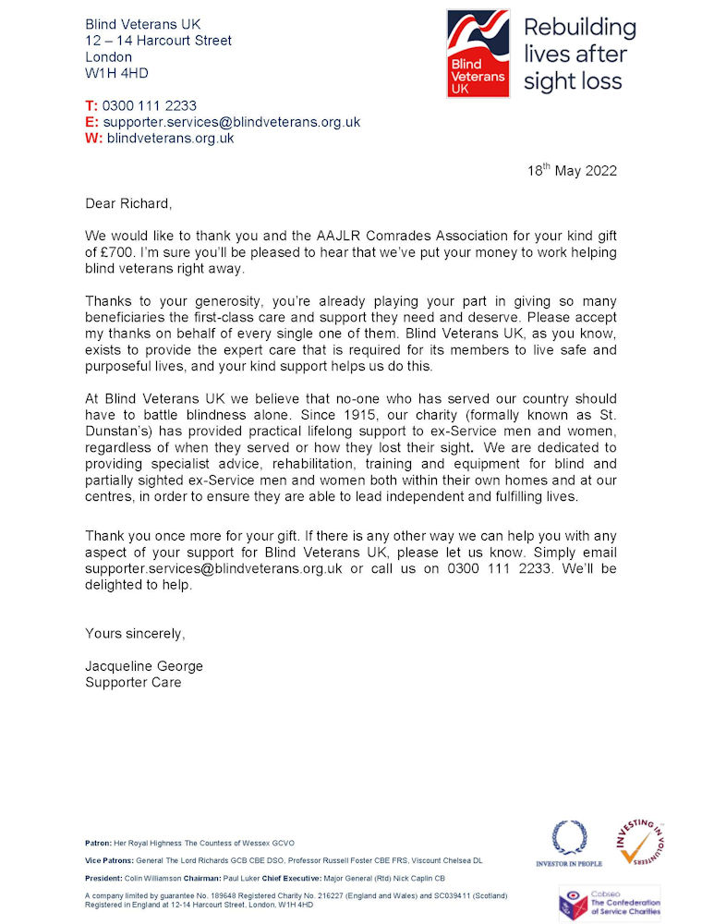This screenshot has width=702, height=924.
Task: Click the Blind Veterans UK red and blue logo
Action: (478, 54)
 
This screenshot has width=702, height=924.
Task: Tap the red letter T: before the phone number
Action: (91, 105)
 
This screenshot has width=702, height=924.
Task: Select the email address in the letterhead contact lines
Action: (231, 122)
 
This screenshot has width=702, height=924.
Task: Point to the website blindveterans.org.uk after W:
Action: (170, 139)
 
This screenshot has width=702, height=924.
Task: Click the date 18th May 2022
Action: (572, 171)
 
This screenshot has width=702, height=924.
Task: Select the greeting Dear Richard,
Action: (128, 202)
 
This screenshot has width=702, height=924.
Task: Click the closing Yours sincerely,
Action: (135, 633)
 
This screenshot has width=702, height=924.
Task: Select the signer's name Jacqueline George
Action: (144, 666)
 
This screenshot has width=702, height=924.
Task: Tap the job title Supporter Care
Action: (133, 683)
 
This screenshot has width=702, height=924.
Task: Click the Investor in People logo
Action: (569, 844)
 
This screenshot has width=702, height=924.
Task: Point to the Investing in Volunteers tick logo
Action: (640, 843)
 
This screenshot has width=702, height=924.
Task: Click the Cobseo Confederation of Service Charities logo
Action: (609, 903)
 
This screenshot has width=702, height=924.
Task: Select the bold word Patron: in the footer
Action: (97, 844)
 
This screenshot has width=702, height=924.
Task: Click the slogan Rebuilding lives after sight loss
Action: (580, 54)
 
